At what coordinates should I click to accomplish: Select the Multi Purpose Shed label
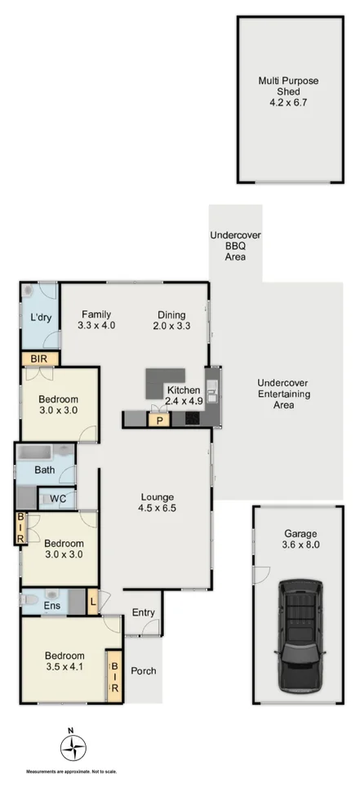tap(289, 91)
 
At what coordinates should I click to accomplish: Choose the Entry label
tap(143, 612)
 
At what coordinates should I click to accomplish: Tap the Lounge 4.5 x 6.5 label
tap(155, 501)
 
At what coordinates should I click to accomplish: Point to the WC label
tap(57, 499)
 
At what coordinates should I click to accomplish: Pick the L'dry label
tap(40, 318)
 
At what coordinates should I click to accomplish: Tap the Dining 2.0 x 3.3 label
tap(171, 320)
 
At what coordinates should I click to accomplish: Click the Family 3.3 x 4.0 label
tap(95, 320)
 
